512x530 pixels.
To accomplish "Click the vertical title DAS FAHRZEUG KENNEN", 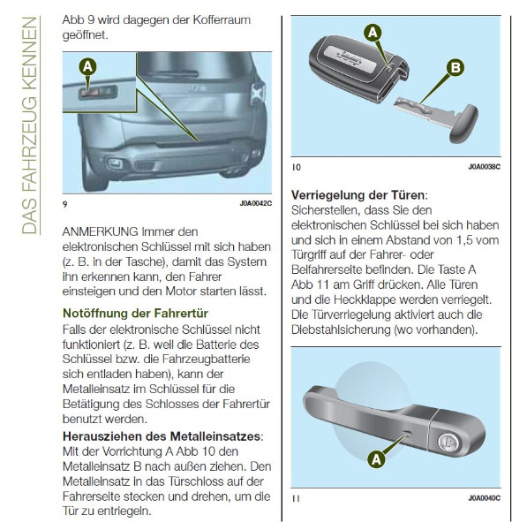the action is click(x=29, y=125).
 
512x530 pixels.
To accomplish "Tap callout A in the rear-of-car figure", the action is click(x=87, y=66).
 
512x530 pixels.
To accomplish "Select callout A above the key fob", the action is click(x=373, y=33).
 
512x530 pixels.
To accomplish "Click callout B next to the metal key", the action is click(x=456, y=68).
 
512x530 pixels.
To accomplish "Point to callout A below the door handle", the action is click(x=376, y=459).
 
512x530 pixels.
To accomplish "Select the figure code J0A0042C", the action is click(x=256, y=203).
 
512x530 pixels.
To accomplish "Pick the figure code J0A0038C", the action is click(x=485, y=167).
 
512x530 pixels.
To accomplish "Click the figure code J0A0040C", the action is click(x=485, y=498).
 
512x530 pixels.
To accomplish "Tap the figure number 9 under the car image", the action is click(x=64, y=204).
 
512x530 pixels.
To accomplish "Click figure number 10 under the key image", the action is click(x=297, y=167).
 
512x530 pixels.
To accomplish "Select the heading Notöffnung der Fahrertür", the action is click(x=135, y=314).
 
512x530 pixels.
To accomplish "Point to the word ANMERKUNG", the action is click(x=101, y=231).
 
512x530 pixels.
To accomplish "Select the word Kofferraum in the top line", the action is click(x=222, y=19).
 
